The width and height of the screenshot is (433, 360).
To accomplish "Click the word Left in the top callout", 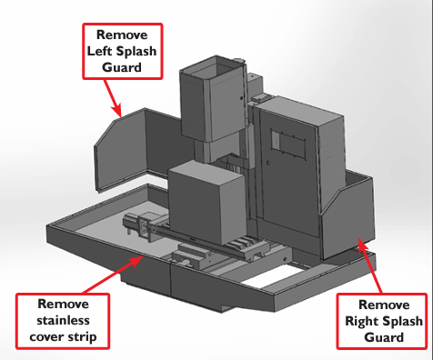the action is pyautogui.click(x=100, y=51).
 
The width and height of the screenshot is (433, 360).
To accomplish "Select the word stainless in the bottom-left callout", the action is pyautogui.click(x=63, y=320).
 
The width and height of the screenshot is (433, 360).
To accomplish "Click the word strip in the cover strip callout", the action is pyautogui.click(x=84, y=337).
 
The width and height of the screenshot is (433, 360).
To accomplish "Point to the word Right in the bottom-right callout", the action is pyautogui.click(x=359, y=322).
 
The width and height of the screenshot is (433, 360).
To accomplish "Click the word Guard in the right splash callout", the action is pyautogui.click(x=384, y=337).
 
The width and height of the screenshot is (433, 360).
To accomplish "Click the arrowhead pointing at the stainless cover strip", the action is pyautogui.click(x=136, y=261).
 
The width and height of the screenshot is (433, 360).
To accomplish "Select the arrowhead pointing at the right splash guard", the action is pyautogui.click(x=363, y=245).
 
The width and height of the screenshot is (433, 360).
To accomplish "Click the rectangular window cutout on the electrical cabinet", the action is pyautogui.click(x=287, y=143).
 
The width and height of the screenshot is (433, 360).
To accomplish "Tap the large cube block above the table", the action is pyautogui.click(x=207, y=202).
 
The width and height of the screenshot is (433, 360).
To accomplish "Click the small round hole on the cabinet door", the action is pyautogui.click(x=268, y=163).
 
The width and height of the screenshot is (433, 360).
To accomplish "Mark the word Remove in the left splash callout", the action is pyautogui.click(x=122, y=35).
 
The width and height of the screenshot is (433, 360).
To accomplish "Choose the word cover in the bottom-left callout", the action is pyautogui.click(x=48, y=337).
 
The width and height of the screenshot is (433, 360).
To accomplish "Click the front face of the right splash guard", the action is pyautogui.click(x=347, y=224).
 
